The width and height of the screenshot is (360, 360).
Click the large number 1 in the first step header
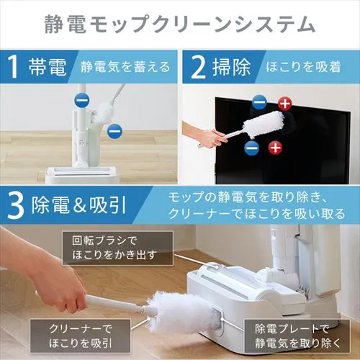14,66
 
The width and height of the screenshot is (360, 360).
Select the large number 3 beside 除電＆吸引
16,206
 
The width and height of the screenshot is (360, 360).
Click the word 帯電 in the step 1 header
48,67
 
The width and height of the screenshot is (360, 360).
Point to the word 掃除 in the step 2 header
231,67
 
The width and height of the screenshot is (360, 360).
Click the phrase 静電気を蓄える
125,67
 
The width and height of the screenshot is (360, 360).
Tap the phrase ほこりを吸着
303,66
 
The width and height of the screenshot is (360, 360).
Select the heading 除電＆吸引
78,206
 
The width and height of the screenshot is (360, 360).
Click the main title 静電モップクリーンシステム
179,24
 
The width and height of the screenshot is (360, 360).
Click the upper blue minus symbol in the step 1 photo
82,101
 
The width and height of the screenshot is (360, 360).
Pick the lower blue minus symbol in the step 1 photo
114,131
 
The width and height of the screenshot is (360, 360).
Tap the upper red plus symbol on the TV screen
285,104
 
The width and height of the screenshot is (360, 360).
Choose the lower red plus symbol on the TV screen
275,148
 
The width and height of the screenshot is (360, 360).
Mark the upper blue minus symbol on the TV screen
259,102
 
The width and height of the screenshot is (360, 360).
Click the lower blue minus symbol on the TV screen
252,148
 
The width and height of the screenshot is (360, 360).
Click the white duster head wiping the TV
264,125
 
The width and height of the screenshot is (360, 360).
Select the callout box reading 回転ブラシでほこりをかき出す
117,248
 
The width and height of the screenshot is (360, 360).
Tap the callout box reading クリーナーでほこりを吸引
80,336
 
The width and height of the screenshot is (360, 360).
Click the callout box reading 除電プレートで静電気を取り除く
297,336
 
